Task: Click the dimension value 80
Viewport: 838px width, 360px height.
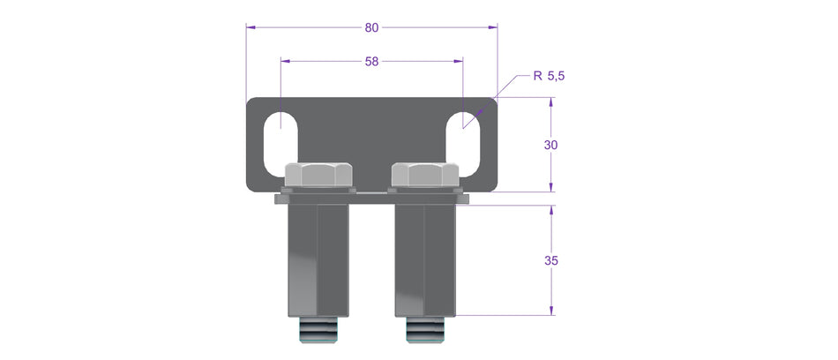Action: click(371, 27)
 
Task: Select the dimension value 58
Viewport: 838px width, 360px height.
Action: click(371, 62)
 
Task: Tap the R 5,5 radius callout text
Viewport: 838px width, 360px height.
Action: click(548, 76)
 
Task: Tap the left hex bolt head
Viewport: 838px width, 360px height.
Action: click(318, 175)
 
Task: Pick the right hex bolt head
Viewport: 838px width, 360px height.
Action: click(424, 175)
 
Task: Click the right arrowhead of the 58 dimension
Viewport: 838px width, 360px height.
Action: click(458, 62)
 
